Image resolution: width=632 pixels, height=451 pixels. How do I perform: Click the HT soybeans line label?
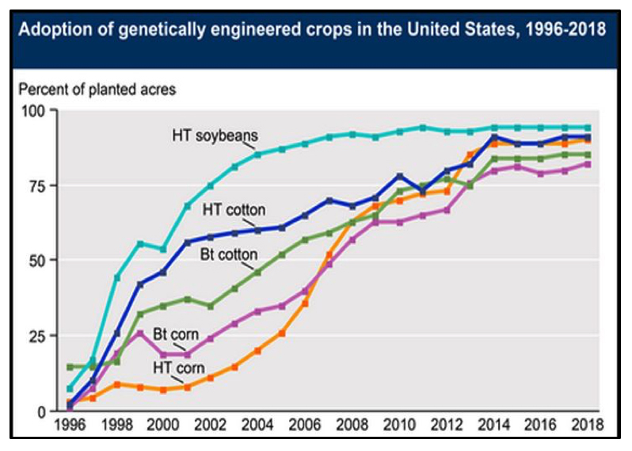click(x=207, y=135)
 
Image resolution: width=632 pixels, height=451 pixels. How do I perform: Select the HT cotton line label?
click(x=234, y=210)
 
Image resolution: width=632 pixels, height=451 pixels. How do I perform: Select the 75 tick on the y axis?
click(x=39, y=185)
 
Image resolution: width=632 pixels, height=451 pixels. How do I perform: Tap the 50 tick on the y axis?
click(x=39, y=260)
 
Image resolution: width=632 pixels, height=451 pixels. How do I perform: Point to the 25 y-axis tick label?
click(x=39, y=335)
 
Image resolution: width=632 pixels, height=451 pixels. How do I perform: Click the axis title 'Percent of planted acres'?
click(x=97, y=89)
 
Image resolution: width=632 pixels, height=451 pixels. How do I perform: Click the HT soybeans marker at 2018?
click(x=588, y=128)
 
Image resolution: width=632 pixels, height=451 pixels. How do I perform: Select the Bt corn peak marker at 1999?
click(x=140, y=333)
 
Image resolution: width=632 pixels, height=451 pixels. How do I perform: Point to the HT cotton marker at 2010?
click(x=400, y=176)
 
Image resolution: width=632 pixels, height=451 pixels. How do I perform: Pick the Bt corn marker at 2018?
click(x=588, y=164)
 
